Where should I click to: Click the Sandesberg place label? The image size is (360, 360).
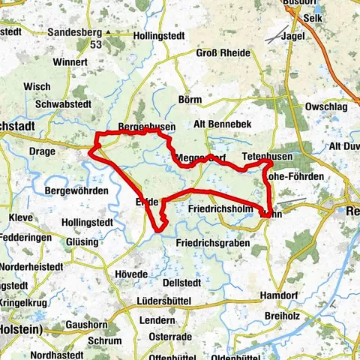click(x=74, y=32)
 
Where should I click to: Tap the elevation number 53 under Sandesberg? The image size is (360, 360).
click(x=95, y=46)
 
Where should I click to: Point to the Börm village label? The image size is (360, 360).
click(x=191, y=99)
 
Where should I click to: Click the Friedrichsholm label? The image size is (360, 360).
click(x=219, y=208)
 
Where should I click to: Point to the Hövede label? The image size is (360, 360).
click(x=131, y=274)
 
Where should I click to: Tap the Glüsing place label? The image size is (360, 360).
click(x=82, y=242)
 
